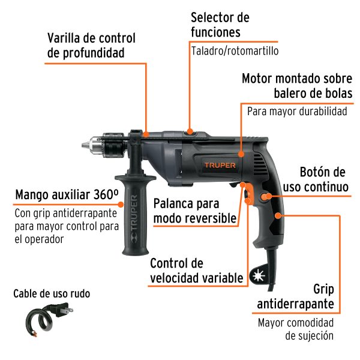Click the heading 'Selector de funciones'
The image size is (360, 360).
pos(220,25)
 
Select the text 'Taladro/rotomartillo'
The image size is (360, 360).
pos(235,51)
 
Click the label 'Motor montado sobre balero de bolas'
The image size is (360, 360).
pos(296,86)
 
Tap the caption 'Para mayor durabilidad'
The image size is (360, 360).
pos(297,112)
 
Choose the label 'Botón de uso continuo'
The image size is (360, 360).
pos(324,179)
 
